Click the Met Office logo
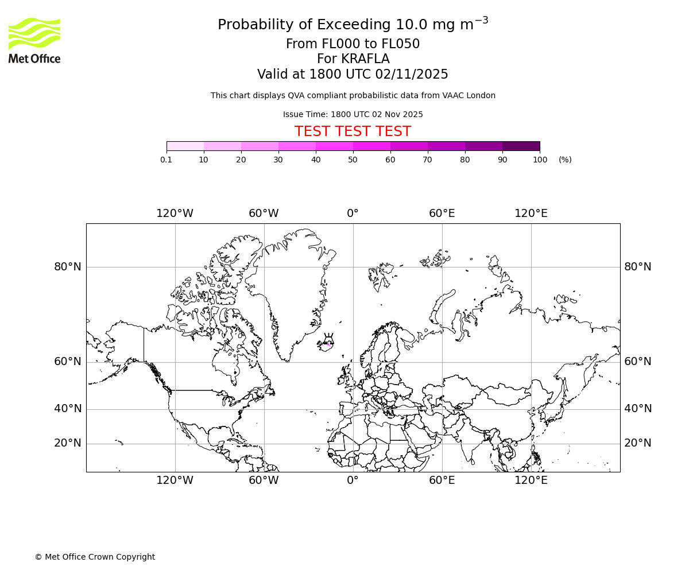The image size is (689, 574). (34, 40)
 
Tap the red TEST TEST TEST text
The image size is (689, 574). (353, 132)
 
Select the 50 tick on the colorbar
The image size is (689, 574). (353, 160)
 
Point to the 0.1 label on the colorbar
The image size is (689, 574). (166, 160)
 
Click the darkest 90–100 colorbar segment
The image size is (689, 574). (521, 146)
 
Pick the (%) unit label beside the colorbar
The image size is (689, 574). (565, 160)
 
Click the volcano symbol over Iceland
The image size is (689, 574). (329, 338)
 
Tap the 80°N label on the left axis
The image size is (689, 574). (68, 267)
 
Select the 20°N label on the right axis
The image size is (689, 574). (637, 443)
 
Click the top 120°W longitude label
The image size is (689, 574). (175, 214)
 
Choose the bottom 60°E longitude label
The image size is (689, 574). (442, 480)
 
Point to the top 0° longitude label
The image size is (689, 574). (353, 214)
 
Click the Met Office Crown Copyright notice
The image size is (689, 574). (95, 557)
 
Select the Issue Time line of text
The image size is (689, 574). (353, 114)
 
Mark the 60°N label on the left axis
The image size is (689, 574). (68, 362)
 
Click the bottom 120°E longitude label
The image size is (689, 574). (531, 480)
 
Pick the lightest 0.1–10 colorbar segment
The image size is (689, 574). (185, 146)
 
